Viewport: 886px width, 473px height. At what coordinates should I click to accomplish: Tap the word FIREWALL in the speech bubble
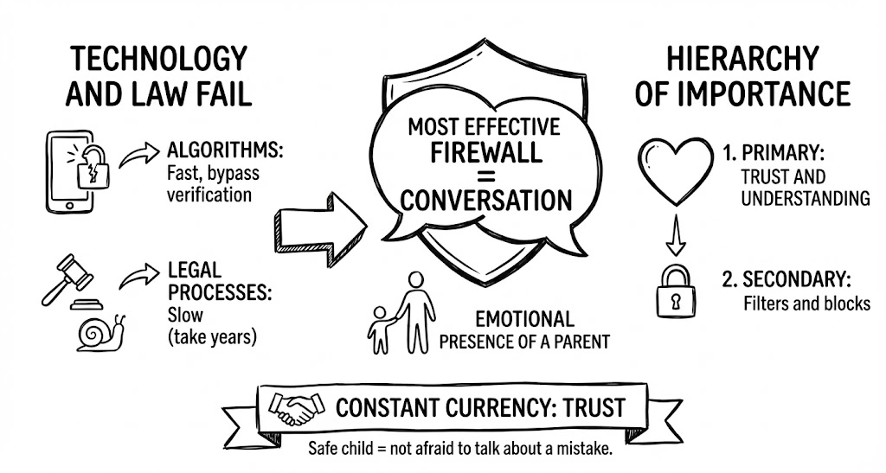[486, 153]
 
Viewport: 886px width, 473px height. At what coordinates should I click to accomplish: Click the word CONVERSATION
[486, 200]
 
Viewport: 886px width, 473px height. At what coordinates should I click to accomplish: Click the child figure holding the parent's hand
[379, 329]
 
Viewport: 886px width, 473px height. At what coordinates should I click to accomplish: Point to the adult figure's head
[417, 280]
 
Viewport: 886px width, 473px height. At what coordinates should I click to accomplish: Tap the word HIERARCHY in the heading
[742, 58]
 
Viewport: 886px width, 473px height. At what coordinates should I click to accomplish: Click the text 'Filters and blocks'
[806, 304]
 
